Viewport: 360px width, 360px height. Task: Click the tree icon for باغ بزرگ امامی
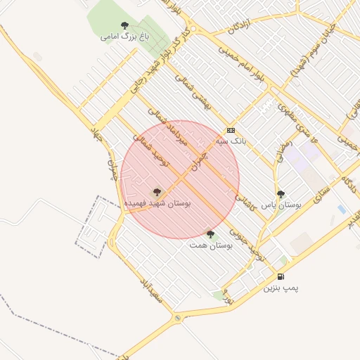tap(125, 25)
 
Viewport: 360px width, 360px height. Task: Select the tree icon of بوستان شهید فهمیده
tap(157, 191)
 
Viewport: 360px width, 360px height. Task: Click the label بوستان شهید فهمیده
tap(157, 202)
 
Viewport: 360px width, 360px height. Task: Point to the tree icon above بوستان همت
tap(210, 234)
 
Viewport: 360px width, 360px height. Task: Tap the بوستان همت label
tap(211, 245)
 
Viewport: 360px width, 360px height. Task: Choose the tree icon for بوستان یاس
tap(281, 194)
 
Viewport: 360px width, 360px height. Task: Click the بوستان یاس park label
tap(281, 205)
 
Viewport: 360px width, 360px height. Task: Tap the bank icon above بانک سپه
tap(231, 130)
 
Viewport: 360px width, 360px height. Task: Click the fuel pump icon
tap(281, 277)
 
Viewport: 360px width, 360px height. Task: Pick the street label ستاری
tap(320, 190)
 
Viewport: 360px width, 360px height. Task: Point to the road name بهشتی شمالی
tap(194, 94)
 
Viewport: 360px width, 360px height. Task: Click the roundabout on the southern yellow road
tap(177, 319)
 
